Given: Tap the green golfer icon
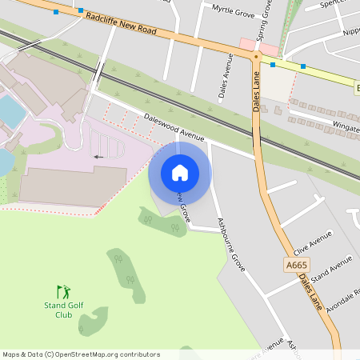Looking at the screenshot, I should [x=63, y=292].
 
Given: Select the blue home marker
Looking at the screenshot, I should [x=180, y=172].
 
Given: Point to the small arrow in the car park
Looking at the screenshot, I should [x=98, y=157].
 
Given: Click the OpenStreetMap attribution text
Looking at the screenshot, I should [x=81, y=354].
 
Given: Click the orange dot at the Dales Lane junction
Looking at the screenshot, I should [x=256, y=57].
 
